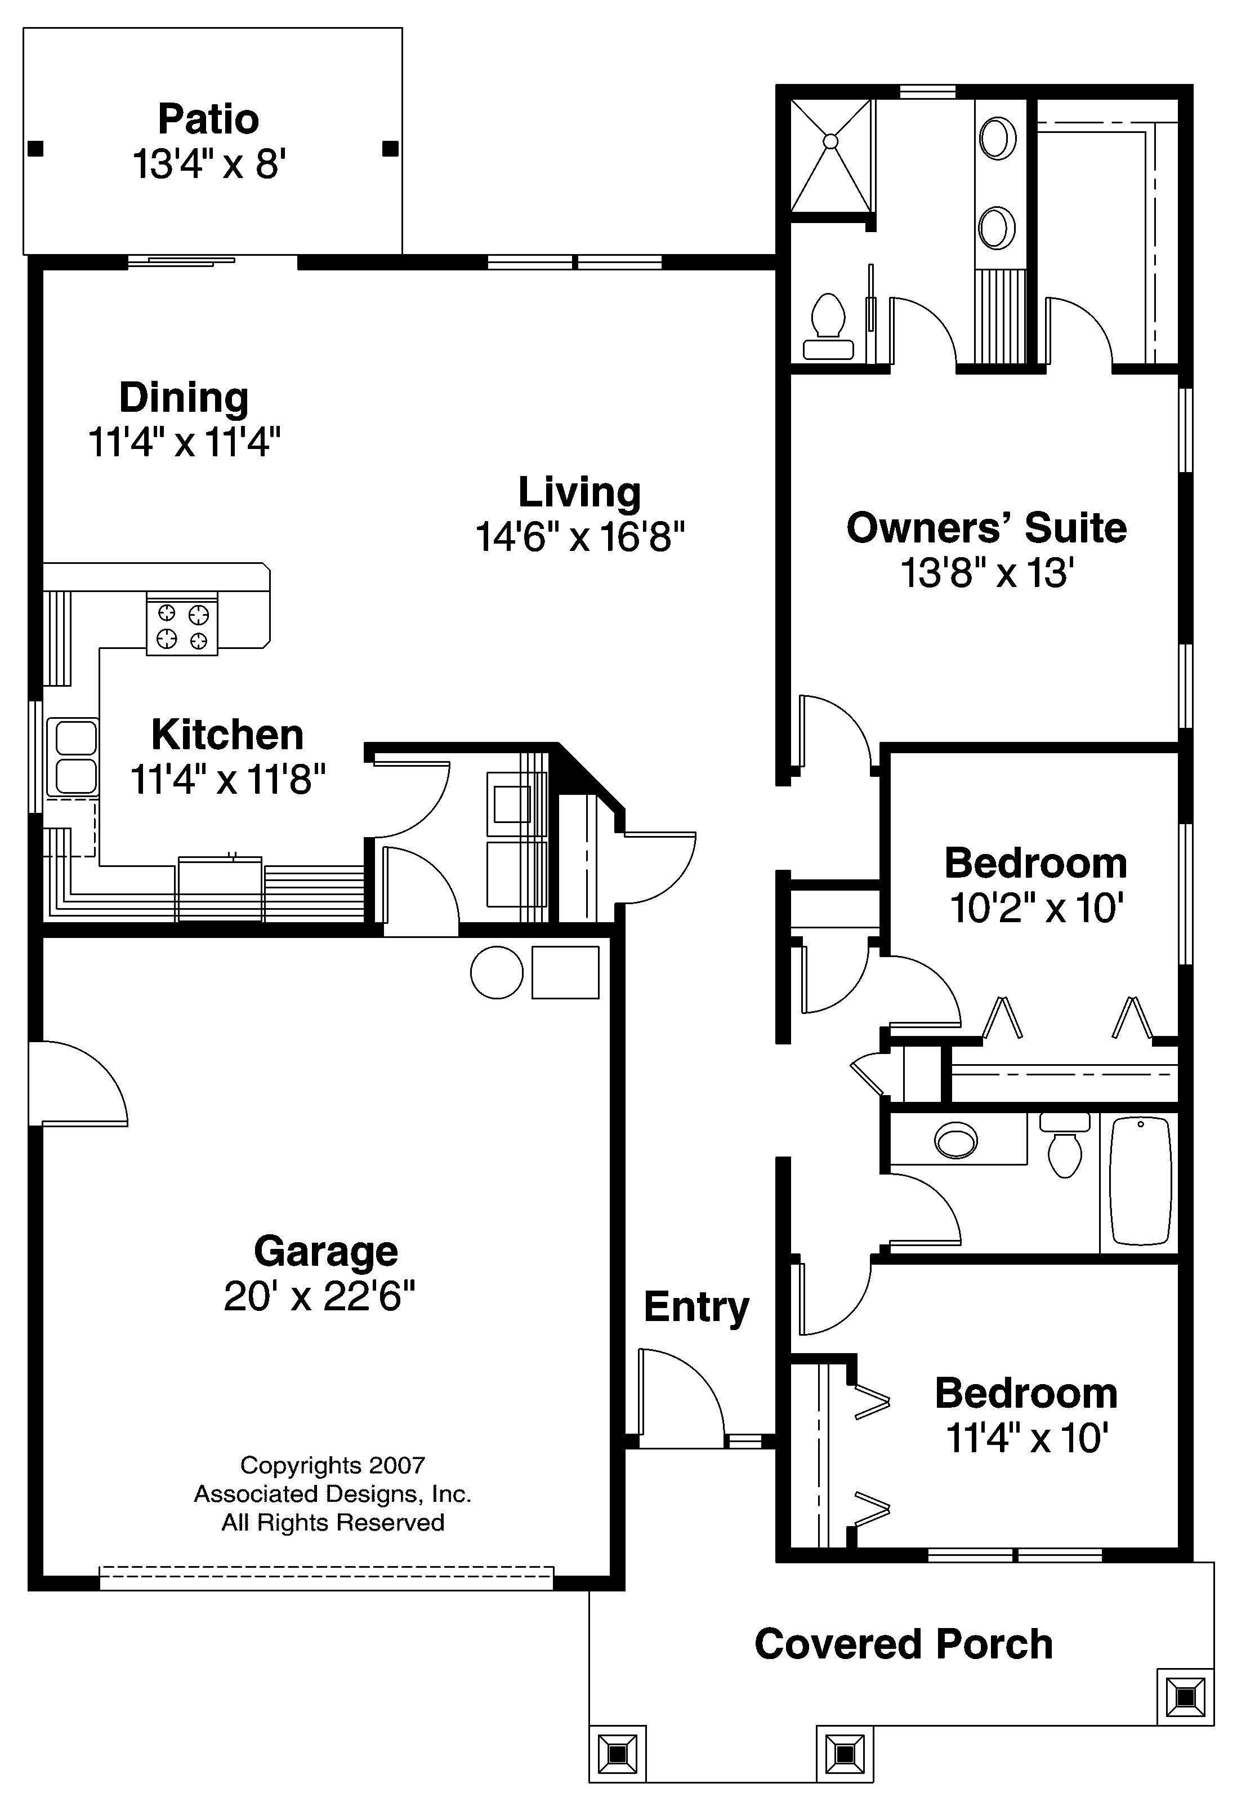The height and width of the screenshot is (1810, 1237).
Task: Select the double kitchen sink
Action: click(x=73, y=757)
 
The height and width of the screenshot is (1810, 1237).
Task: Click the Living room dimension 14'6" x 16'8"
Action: click(x=580, y=537)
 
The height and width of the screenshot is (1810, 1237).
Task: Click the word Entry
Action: click(x=696, y=1308)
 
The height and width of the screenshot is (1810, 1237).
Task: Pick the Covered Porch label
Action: click(x=903, y=1644)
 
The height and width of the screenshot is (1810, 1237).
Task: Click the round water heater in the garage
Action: click(x=497, y=972)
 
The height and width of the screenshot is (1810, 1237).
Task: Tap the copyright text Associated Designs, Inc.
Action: click(x=332, y=1494)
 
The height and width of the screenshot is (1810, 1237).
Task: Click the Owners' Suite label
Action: click(x=986, y=528)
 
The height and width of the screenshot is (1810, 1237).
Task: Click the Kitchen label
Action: click(x=227, y=735)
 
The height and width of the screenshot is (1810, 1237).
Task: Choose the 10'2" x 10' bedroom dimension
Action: click(x=1036, y=908)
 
